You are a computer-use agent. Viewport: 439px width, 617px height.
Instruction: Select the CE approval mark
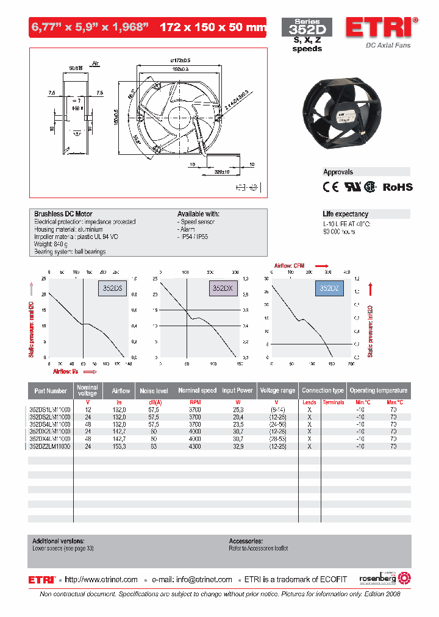(x=330, y=187)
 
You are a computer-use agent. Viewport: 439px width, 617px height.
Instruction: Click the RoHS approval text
(x=397, y=188)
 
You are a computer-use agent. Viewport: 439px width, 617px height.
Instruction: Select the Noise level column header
(x=154, y=390)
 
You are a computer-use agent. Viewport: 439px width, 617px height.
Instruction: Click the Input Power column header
(x=237, y=390)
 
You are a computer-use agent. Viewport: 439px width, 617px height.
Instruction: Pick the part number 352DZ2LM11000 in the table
(x=50, y=447)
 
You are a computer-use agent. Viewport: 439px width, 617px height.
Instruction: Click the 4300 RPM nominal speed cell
(x=195, y=447)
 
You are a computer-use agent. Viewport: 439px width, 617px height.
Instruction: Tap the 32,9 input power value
(x=237, y=447)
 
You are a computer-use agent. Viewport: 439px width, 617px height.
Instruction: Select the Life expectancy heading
(x=345, y=214)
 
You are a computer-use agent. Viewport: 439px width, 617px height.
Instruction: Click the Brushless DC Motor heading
(x=63, y=214)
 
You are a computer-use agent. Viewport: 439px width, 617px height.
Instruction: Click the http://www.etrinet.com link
(x=101, y=580)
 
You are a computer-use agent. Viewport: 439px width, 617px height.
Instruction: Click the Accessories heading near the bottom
(x=246, y=541)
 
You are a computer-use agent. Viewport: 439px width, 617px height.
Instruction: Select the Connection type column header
(x=323, y=390)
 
